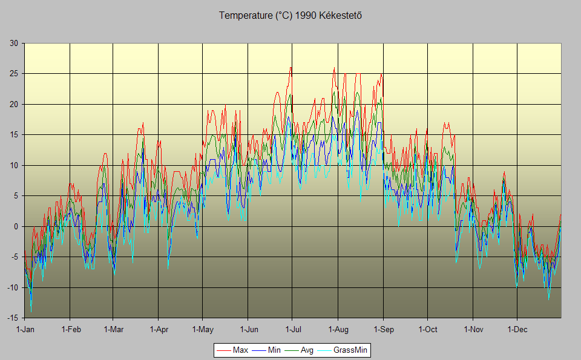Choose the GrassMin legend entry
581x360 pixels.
pyautogui.click(x=351, y=350)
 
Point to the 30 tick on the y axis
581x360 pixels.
pyautogui.click(x=13, y=43)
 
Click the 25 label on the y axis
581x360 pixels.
pyautogui.click(x=13, y=74)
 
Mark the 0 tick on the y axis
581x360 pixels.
pyautogui.click(x=16, y=226)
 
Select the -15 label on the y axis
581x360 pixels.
pyautogui.click(x=12, y=318)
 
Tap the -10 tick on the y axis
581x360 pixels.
pyautogui.click(x=12, y=287)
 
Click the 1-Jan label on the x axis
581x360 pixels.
pyautogui.click(x=25, y=330)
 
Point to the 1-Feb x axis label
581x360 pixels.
pyautogui.click(x=70, y=330)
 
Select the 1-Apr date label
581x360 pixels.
pyautogui.click(x=158, y=330)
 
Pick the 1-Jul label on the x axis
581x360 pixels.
pyautogui.click(x=292, y=330)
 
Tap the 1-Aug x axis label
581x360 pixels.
pyautogui.click(x=338, y=330)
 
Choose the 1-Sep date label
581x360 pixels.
pyautogui.click(x=383, y=330)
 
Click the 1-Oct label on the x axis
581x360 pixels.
pyautogui.click(x=427, y=330)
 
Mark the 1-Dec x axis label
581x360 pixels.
pyautogui.click(x=517, y=330)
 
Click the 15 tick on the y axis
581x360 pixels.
pyautogui.click(x=13, y=135)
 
